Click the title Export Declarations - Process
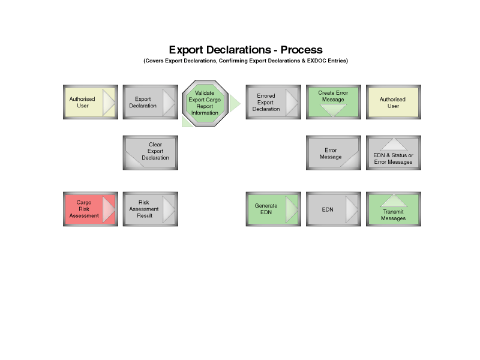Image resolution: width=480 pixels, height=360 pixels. (x=245, y=50)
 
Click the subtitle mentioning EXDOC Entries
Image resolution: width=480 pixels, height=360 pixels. (x=245, y=61)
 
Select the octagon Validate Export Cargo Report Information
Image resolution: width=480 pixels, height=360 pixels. (x=205, y=103)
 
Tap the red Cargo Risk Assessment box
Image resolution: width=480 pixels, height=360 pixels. (x=91, y=209)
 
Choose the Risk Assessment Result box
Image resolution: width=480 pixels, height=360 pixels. (x=151, y=209)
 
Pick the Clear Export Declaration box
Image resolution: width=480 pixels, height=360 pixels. (x=151, y=152)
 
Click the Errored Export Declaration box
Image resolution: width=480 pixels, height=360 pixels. (x=274, y=102)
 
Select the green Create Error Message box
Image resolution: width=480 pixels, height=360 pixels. (x=334, y=102)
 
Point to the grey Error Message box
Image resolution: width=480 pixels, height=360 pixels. (x=334, y=152)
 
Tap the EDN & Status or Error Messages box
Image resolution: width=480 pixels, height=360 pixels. (x=394, y=152)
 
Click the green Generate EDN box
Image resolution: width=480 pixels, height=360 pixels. (x=274, y=209)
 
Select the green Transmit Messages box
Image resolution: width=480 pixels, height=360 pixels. (x=394, y=209)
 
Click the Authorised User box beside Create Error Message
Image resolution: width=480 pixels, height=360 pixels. (x=394, y=102)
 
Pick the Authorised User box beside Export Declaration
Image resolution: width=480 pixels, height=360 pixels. (x=91, y=102)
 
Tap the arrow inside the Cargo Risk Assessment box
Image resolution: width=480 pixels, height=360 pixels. (x=109, y=209)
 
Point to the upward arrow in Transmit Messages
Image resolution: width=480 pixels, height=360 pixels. (x=394, y=200)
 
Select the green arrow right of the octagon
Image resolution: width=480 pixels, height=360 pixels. (x=235, y=103)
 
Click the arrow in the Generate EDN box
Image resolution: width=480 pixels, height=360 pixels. (x=292, y=209)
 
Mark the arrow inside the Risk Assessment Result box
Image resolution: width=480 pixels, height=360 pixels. (x=169, y=209)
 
